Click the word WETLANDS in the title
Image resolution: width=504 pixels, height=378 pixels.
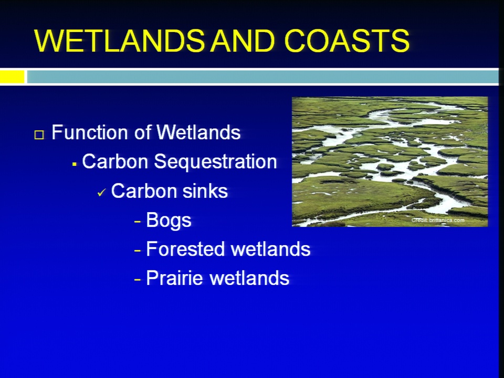pos(119,40)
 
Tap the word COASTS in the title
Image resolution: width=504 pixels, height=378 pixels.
pos(347,40)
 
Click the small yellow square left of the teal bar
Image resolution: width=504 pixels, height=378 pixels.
pos(12,77)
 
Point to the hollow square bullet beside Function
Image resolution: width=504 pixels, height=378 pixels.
pos(39,134)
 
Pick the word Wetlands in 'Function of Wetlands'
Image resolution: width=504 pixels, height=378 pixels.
pos(198,132)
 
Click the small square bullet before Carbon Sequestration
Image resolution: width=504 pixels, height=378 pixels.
pos(74,164)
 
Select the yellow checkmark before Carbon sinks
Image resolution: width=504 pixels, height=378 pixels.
pos(101,193)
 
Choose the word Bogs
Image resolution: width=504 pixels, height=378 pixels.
pos(169,221)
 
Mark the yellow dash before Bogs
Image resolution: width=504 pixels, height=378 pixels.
pos(138,222)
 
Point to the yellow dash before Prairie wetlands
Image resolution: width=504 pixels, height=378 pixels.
pos(138,279)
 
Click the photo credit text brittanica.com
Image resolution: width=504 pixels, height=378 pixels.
pos(447,220)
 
